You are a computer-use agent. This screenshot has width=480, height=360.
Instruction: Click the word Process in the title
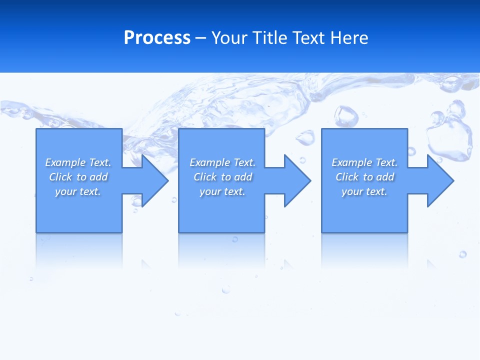[x=157, y=38]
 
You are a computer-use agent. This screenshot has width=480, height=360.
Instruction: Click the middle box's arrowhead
[x=297, y=180]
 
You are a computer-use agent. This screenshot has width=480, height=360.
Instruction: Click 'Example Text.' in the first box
[x=78, y=162]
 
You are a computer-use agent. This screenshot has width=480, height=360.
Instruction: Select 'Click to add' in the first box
[x=78, y=177]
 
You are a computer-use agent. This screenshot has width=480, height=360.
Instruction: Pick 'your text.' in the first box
[x=78, y=191]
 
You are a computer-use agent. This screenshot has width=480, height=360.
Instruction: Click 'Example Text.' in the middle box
[x=222, y=162]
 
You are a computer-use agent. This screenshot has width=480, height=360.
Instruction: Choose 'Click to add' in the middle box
[x=222, y=177]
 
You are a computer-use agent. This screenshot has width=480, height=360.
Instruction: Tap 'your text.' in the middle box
[x=222, y=191]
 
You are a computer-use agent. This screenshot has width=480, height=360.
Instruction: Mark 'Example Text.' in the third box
[x=364, y=162]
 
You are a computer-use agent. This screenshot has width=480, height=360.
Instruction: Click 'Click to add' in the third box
[x=364, y=177]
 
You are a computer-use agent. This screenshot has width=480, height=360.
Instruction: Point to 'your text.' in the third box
[x=364, y=191]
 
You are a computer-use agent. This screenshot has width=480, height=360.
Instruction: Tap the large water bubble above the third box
[x=346, y=116]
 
